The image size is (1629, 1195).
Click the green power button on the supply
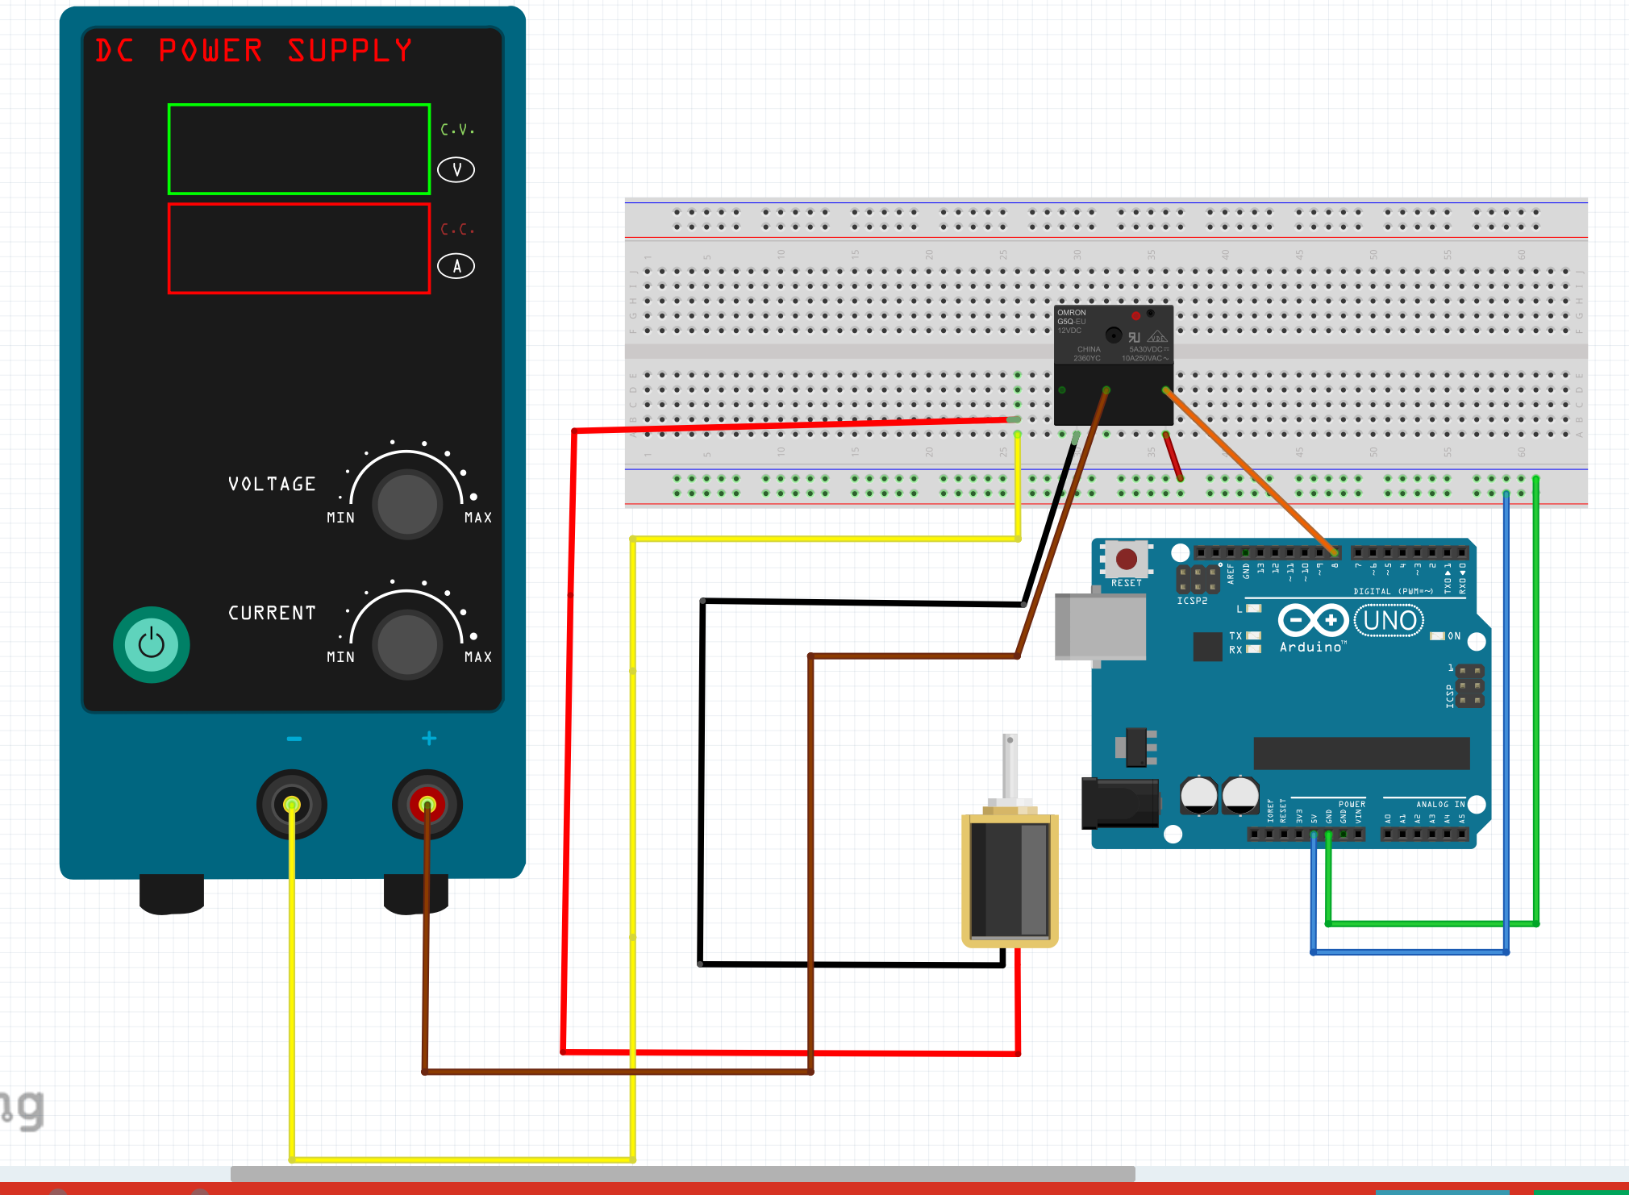click(x=152, y=644)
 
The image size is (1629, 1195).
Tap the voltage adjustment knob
click(x=407, y=504)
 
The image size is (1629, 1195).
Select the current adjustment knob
click(x=407, y=644)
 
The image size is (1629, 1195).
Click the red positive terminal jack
click(x=427, y=804)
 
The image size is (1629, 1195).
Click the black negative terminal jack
click(x=292, y=804)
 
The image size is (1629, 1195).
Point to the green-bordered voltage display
click(x=299, y=149)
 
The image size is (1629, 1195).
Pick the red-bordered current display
click(x=299, y=248)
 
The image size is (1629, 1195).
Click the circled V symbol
click(x=456, y=169)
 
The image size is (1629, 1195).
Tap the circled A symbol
click(x=456, y=266)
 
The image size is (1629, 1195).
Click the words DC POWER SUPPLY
click(x=254, y=51)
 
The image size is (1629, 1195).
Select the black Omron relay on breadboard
click(x=1114, y=364)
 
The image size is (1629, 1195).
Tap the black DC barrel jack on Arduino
click(x=1120, y=803)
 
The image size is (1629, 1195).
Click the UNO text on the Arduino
click(x=1389, y=621)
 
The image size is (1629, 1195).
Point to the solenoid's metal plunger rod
click(x=1010, y=766)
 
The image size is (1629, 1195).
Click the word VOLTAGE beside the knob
click(x=272, y=484)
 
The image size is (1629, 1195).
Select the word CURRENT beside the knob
click(x=272, y=613)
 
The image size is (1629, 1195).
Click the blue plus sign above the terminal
click(x=429, y=738)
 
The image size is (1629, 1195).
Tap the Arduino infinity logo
click(x=1313, y=620)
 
